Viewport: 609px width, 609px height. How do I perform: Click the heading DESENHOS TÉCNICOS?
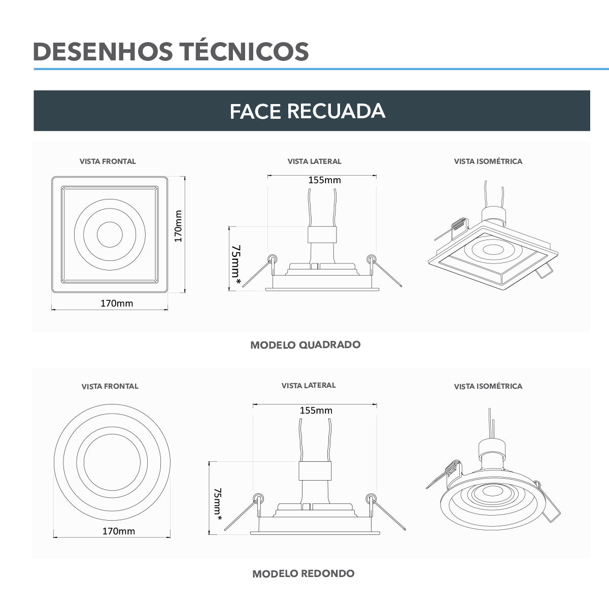(x=171, y=51)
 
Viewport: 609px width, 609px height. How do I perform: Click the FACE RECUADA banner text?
(x=307, y=111)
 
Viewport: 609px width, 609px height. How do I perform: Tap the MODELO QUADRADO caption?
(x=306, y=345)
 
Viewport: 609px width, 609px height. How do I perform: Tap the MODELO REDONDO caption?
(x=303, y=573)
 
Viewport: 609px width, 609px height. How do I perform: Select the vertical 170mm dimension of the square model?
(x=178, y=226)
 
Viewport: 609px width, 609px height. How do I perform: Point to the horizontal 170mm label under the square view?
(x=117, y=303)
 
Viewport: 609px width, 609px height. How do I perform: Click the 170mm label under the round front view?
(x=119, y=531)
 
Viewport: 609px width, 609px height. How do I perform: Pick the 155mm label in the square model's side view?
(x=324, y=180)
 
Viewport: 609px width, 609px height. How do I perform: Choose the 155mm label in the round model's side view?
(x=316, y=410)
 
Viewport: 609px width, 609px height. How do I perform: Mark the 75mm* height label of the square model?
(x=236, y=262)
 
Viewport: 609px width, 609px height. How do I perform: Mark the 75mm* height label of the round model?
(x=218, y=503)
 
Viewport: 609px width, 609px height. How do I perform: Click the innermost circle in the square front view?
(x=110, y=234)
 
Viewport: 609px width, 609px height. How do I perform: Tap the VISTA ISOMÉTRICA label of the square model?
(x=488, y=161)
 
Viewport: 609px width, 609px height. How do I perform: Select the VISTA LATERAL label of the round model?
(x=309, y=385)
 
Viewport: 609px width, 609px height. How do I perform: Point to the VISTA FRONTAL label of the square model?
(x=108, y=161)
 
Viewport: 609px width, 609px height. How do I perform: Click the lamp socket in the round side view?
(x=315, y=471)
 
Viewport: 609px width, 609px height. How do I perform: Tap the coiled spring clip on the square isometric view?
(x=458, y=224)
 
